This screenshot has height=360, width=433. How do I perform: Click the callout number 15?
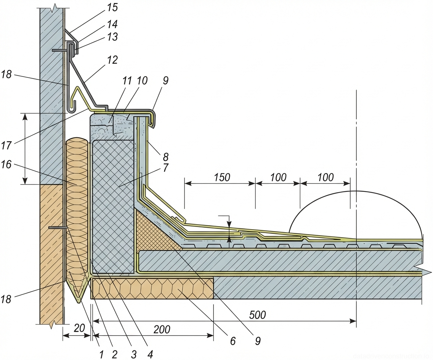tap(112, 8)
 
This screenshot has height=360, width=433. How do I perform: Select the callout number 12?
tap(112, 60)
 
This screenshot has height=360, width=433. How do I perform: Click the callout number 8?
tap(165, 156)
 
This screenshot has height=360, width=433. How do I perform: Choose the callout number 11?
tap(127, 81)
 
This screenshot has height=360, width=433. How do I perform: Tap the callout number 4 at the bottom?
tap(150, 354)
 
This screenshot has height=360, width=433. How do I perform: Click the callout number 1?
tap(101, 354)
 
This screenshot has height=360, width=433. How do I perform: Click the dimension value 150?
tap(222, 177)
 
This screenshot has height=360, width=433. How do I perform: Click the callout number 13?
tap(112, 37)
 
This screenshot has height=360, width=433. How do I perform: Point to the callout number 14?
tap(112, 24)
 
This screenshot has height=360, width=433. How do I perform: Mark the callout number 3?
tap(133, 354)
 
